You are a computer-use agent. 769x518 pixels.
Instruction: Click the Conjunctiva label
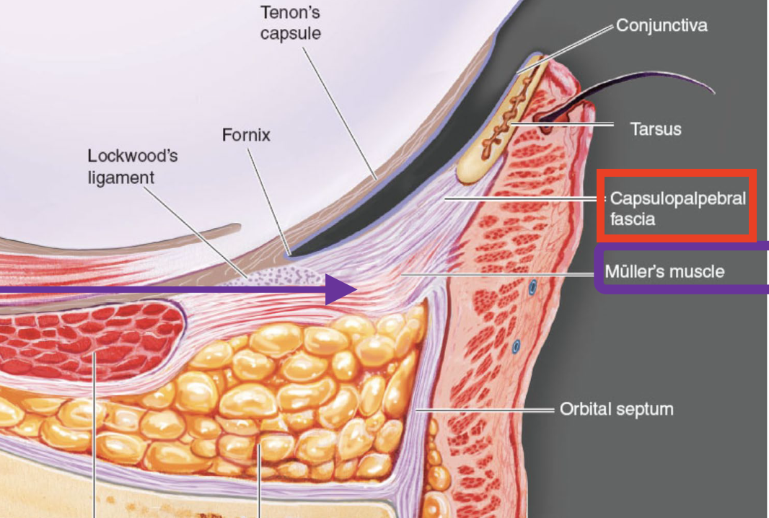click(x=661, y=27)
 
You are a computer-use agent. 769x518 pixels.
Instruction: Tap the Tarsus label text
click(x=655, y=129)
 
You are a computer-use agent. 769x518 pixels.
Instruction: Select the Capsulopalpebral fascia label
click(x=677, y=208)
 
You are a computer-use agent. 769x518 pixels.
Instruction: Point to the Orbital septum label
click(x=616, y=409)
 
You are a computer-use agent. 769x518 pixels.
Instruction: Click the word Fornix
click(x=246, y=135)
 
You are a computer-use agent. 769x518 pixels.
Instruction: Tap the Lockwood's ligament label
click(x=132, y=166)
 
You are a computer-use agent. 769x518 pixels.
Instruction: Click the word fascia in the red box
click(x=632, y=219)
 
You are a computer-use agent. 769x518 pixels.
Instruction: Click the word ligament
click(x=121, y=176)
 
